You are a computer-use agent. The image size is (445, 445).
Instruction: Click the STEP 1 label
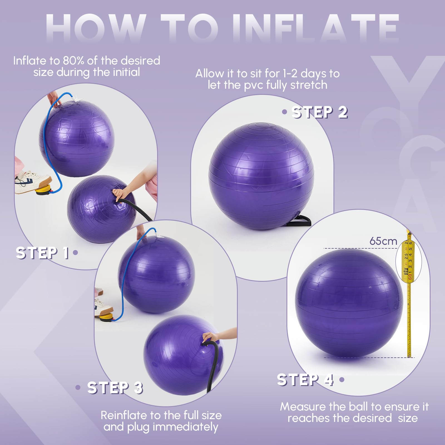(x=42, y=253)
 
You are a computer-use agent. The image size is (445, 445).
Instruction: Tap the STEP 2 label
(x=320, y=112)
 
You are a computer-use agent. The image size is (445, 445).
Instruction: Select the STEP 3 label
(x=115, y=387)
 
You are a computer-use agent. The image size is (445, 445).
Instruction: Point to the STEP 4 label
(x=305, y=379)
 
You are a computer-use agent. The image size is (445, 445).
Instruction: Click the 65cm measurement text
(x=383, y=241)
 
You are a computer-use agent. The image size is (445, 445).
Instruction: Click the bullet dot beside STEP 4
(x=342, y=379)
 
